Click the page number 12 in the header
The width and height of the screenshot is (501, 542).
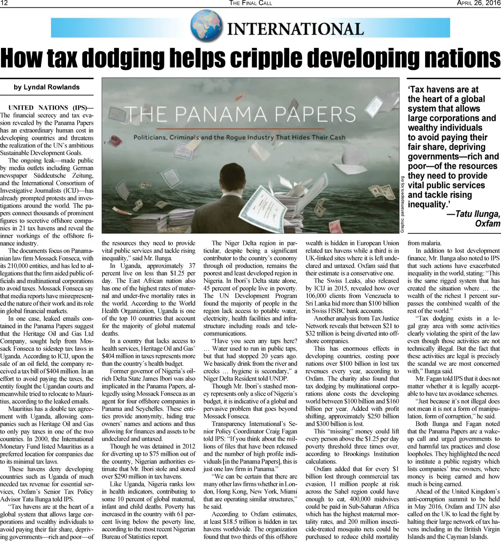[4, 3]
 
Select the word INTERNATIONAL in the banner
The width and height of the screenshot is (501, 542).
[296, 29]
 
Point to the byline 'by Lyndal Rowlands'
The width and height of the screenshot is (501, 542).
[46, 87]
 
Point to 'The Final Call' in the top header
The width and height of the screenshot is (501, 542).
[250, 3]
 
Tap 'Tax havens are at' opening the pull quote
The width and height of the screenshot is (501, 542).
[444, 90]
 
